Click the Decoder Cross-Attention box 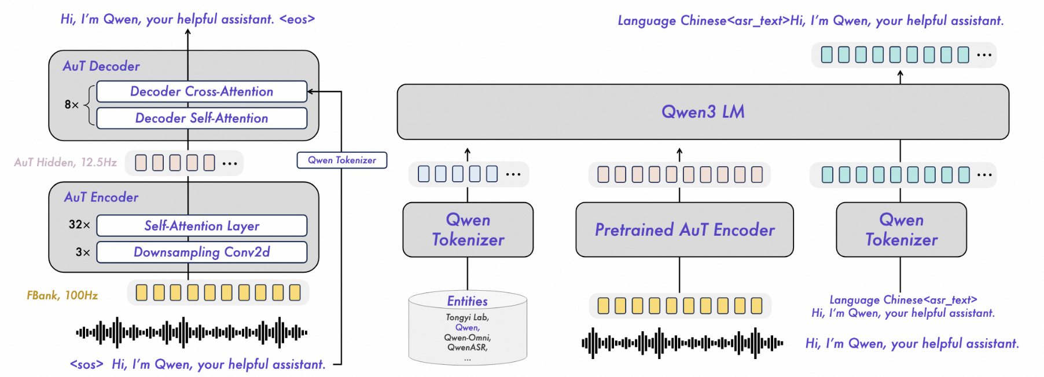pos(201,91)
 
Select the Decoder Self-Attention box pos(201,118)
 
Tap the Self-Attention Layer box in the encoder pos(201,226)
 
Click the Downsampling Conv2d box pos(201,252)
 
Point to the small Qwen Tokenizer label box pos(341,160)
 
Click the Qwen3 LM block pos(703,112)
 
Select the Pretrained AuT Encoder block pos(684,230)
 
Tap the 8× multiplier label pos(72,105)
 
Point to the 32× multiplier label pos(79,225)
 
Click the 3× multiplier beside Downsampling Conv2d pos(83,252)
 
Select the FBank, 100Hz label pos(63,295)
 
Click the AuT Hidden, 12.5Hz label pos(65,162)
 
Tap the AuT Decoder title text pos(101,66)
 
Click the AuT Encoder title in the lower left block pos(101,197)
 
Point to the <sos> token pos(86,364)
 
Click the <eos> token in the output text pos(297,19)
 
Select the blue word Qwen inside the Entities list pos(467,327)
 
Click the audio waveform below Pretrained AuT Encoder pos(682,343)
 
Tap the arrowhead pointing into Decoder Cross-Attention pos(310,91)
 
